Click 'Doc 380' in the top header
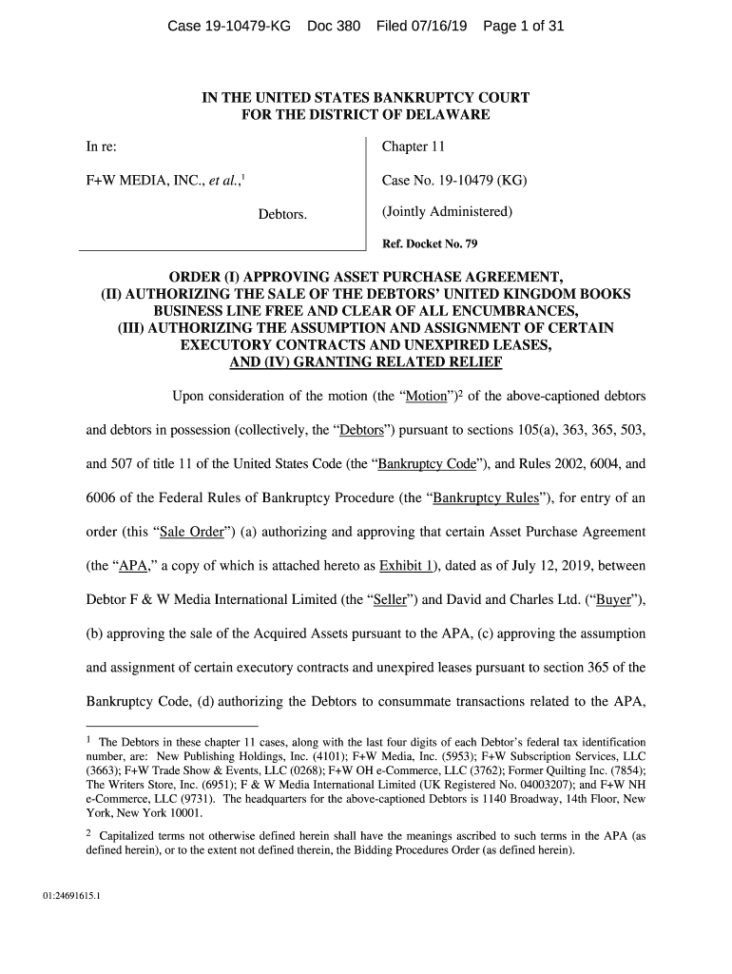point(334,27)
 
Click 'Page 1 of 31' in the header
point(524,27)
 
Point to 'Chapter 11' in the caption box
point(414,147)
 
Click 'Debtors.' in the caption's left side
point(282,214)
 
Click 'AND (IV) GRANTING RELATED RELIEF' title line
point(366,362)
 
